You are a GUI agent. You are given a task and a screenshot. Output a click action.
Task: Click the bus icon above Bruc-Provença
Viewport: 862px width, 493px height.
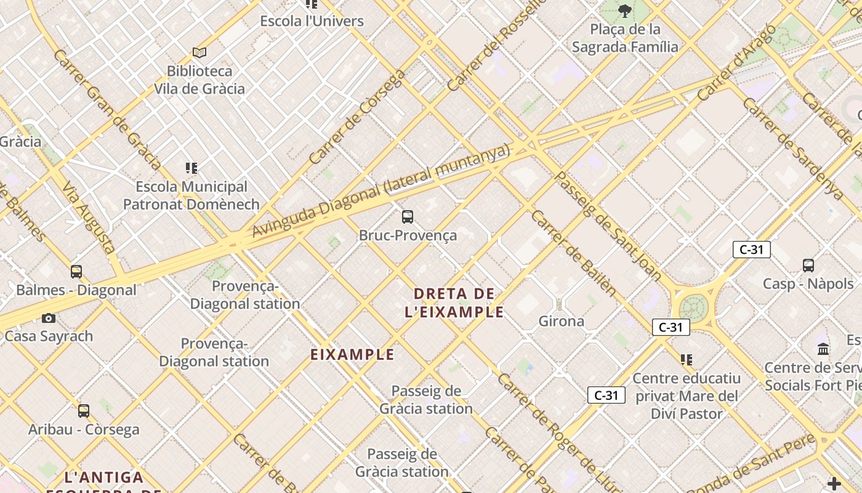[x=407, y=217]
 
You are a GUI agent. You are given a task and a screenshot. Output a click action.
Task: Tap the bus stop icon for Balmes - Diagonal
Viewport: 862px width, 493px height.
[x=76, y=272]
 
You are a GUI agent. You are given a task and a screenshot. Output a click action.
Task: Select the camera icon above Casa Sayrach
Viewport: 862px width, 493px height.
[x=49, y=318]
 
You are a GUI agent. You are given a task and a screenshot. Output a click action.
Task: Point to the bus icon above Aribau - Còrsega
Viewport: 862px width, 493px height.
[x=84, y=410]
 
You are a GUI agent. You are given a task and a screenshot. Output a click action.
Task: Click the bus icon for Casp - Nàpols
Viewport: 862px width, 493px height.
[x=808, y=266]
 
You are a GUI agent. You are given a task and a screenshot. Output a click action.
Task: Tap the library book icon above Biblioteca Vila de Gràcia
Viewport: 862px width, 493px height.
[x=199, y=53]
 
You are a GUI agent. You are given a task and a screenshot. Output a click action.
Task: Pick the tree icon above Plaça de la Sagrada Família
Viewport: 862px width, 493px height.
[x=625, y=10]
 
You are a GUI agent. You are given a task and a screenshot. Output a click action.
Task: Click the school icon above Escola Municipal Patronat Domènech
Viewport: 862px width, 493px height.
[x=191, y=168]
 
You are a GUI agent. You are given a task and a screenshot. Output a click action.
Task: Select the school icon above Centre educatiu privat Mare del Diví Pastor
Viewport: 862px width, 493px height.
[x=687, y=359]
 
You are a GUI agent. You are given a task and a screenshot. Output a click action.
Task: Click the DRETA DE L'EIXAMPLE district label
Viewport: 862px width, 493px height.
[x=454, y=303]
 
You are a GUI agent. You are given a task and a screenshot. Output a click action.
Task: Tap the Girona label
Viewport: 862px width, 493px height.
[x=561, y=321]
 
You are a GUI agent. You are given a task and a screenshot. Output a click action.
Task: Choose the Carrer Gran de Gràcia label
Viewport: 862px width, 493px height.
[x=107, y=109]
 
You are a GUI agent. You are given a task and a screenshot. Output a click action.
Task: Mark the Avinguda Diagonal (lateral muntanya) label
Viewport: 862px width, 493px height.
[x=382, y=190]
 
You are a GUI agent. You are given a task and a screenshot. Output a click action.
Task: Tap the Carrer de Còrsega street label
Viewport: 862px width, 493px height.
[x=356, y=117]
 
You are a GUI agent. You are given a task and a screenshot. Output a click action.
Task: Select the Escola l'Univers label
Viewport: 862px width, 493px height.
[x=312, y=21]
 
